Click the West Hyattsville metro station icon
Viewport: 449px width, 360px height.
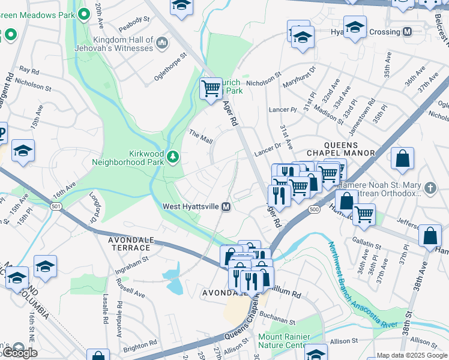pos(226,206)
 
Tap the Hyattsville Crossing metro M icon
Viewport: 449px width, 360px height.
pos(407,32)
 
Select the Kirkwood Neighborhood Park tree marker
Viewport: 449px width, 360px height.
pos(173,157)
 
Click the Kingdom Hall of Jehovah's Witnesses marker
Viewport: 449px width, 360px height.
pos(162,41)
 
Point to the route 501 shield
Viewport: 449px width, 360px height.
pos(56,206)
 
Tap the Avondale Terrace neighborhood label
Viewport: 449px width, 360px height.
pos(129,243)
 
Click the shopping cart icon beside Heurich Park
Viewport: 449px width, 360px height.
pos(211,88)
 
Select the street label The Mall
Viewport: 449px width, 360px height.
pos(200,136)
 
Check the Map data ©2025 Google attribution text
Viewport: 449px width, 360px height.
pos(412,355)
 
